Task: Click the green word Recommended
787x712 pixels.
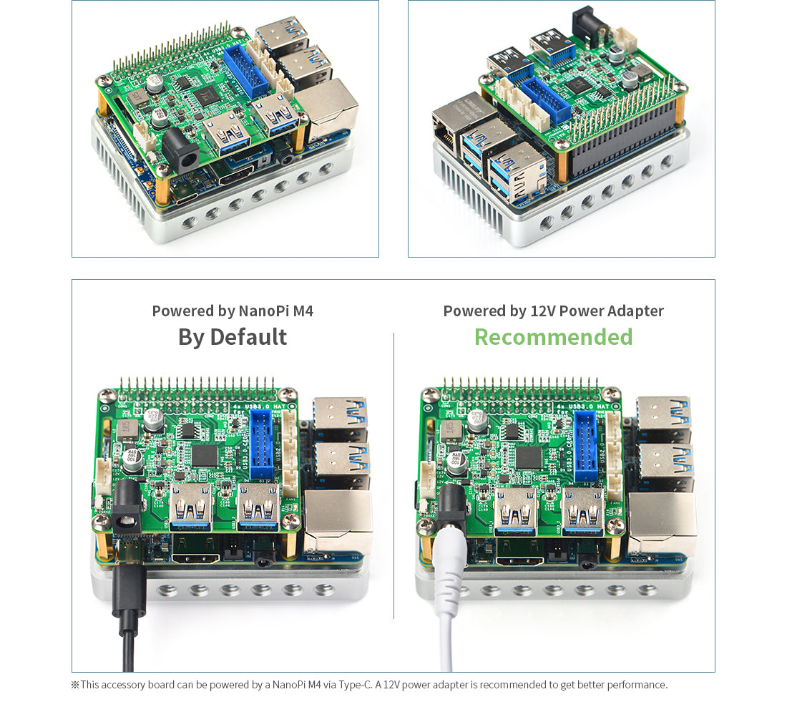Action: coord(553,337)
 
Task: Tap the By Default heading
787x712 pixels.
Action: coord(233,337)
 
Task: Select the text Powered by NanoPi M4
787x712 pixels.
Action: coord(233,311)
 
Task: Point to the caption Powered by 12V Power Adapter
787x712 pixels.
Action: coord(553,311)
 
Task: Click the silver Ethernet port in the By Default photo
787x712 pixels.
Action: coord(338,522)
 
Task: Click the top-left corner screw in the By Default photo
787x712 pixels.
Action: coord(107,394)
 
